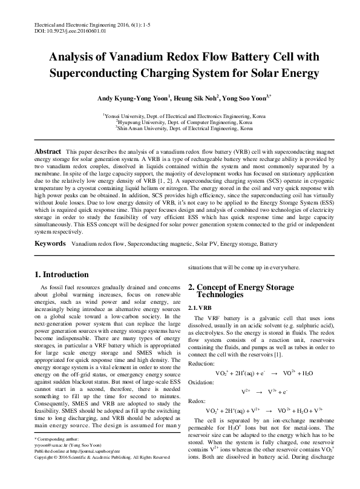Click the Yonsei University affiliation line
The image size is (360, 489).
pyautogui.click(x=180, y=114)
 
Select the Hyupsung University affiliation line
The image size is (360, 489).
pyautogui.click(x=180, y=121)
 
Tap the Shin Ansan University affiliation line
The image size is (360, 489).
pyautogui.click(x=180, y=128)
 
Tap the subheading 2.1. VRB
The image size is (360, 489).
pyautogui.click(x=200, y=308)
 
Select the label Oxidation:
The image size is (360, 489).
pyautogui.click(x=201, y=382)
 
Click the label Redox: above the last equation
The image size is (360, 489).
pyautogui.click(x=197, y=401)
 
